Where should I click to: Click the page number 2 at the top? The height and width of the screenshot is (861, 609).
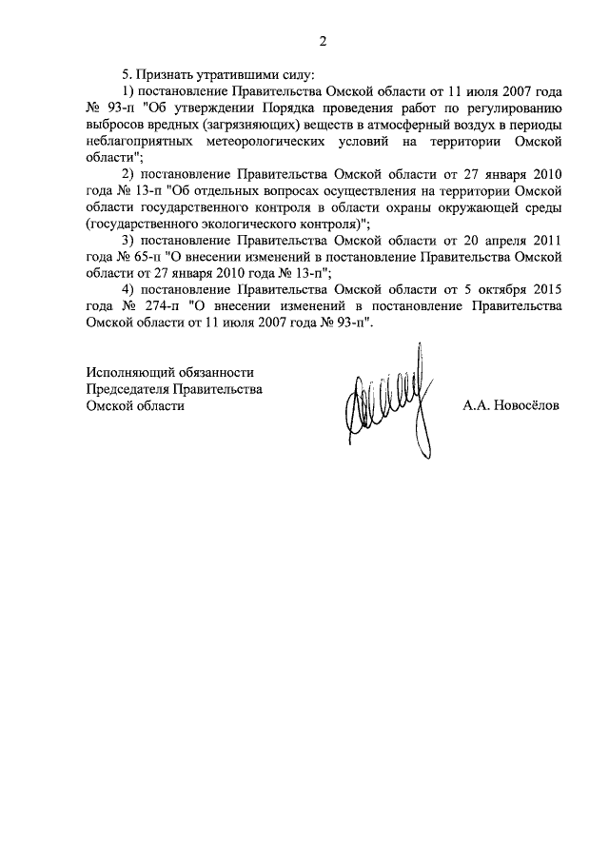click(323, 41)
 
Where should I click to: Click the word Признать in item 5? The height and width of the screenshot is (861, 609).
click(164, 75)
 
